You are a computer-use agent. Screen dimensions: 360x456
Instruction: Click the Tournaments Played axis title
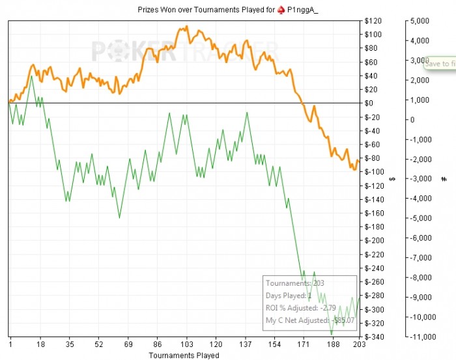184,355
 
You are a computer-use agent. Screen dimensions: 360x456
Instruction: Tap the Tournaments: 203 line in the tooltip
295,283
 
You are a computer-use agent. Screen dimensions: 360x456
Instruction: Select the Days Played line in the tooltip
291,296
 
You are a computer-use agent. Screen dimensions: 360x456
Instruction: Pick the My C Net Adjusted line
309,320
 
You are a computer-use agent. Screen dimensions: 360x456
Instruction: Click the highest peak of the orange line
187,27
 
